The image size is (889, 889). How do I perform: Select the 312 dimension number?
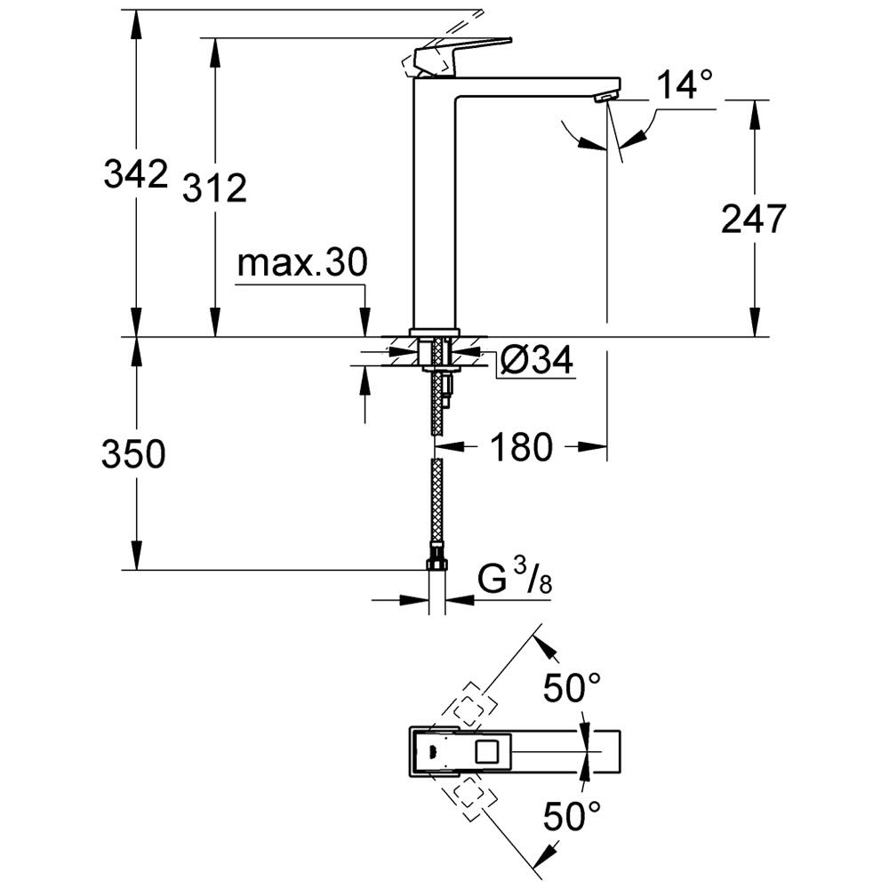click(x=214, y=188)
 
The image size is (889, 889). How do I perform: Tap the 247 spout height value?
click(x=753, y=219)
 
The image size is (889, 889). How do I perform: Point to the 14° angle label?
click(x=685, y=86)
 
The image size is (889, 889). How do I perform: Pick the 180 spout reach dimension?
click(x=520, y=447)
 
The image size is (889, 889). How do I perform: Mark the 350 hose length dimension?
click(x=133, y=455)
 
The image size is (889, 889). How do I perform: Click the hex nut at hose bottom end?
click(x=436, y=564)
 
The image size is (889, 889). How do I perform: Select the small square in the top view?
click(x=489, y=753)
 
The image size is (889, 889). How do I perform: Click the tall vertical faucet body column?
click(x=435, y=204)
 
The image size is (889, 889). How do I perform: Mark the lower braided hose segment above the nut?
click(x=436, y=507)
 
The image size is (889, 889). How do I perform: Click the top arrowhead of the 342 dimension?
click(x=135, y=21)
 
